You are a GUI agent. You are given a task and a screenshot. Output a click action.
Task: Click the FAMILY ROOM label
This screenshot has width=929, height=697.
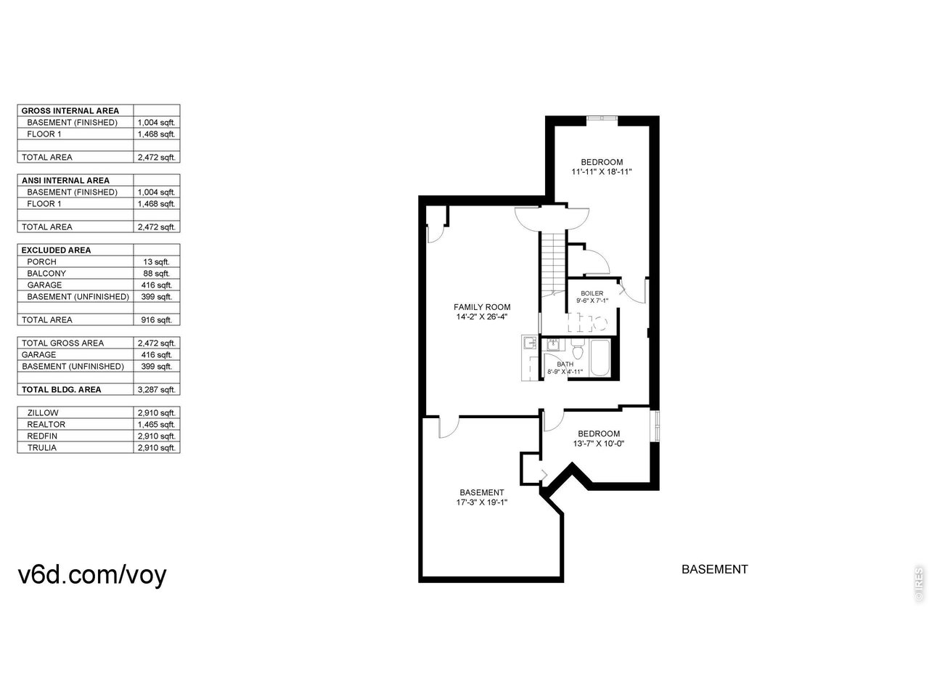coord(482,307)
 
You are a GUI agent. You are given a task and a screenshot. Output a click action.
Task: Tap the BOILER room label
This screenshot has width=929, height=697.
coord(592,293)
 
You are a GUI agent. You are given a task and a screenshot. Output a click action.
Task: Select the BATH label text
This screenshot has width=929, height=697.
coord(565,364)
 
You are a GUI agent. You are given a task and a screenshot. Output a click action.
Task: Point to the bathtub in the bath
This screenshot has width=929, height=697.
coord(599,357)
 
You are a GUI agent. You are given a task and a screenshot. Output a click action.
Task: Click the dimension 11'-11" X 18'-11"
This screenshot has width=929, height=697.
coord(602,172)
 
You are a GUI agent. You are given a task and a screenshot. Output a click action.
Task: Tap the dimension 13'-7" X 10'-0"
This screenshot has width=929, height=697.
coord(599,444)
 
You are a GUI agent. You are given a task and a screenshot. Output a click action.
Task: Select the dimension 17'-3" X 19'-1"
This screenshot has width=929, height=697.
coord(482,502)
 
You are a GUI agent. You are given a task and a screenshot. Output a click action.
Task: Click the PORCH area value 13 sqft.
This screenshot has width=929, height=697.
coord(156,262)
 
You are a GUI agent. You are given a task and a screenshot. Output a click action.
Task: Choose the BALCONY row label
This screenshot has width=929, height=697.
coord(46,274)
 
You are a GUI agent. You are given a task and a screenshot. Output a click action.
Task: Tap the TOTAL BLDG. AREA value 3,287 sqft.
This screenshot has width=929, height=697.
coord(156,390)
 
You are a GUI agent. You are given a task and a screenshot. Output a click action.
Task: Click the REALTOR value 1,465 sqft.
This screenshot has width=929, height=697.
coord(156,425)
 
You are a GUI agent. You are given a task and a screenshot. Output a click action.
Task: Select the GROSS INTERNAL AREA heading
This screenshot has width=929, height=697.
coord(70,111)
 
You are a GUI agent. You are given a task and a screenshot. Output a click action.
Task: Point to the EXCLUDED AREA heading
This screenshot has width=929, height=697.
coord(57,250)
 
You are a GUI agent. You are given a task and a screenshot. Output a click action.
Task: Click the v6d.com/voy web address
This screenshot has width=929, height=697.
coord(92,575)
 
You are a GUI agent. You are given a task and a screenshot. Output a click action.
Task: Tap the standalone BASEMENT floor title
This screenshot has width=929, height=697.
coord(714,570)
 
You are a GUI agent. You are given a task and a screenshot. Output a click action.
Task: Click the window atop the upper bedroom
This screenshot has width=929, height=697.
coord(602,118)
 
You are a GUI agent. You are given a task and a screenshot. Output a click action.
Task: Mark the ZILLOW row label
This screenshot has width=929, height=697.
coord(43,413)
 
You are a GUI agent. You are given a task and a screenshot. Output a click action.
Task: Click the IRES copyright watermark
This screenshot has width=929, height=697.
coord(919,584)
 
